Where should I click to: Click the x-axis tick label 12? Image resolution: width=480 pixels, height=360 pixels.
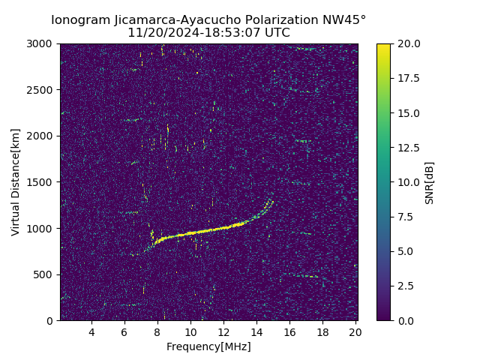pyautogui.click(x=223, y=332)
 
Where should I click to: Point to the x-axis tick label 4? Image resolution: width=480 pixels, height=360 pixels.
pyautogui.click(x=91, y=332)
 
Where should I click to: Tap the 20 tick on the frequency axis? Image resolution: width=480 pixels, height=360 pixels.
pyautogui.click(x=355, y=332)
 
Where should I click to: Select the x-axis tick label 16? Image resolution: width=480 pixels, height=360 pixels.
pyautogui.click(x=289, y=332)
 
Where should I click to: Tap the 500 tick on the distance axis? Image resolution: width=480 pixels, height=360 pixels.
pyautogui.click(x=45, y=274)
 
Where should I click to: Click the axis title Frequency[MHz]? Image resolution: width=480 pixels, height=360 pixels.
pyautogui.click(x=208, y=346)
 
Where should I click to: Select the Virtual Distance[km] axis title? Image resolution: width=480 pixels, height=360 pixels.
pyautogui.click(x=16, y=182)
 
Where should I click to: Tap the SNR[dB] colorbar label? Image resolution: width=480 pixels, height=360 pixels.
pyautogui.click(x=430, y=182)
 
